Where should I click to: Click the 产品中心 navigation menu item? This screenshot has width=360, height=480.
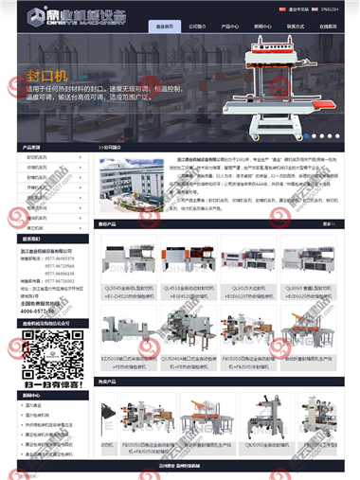229,27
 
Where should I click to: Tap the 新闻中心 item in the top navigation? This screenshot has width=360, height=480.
261,27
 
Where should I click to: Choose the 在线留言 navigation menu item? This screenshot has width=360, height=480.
325,27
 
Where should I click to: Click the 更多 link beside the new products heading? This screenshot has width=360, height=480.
327,224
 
